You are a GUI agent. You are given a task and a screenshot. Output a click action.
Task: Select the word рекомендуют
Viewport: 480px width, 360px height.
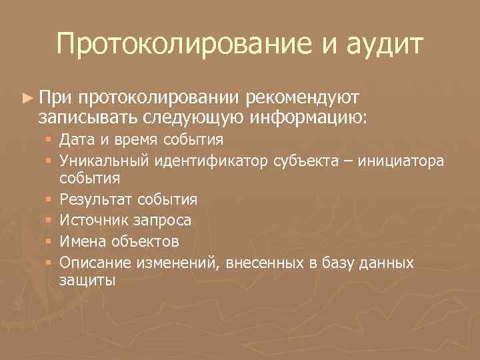tap(303, 99)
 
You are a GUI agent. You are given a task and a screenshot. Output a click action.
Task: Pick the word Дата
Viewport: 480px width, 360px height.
tap(77, 140)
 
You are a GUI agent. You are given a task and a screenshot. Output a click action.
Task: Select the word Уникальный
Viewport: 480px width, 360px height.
tap(103, 160)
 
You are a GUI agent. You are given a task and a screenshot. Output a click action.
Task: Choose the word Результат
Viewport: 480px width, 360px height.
tap(95, 199)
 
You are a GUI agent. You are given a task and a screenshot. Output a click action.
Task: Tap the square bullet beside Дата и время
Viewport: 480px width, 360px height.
tap(51, 141)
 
